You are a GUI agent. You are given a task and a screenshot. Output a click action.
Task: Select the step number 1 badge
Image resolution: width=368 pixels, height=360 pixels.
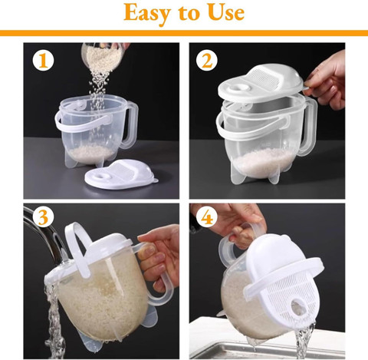pyautogui.click(x=43, y=61)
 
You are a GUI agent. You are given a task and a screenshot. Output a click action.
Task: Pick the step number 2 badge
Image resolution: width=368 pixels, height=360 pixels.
pyautogui.click(x=207, y=61)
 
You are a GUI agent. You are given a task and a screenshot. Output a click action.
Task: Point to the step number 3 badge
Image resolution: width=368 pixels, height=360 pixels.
pyautogui.click(x=43, y=217)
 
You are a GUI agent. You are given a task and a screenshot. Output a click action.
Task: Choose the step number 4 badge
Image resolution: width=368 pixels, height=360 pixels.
pyautogui.click(x=207, y=217)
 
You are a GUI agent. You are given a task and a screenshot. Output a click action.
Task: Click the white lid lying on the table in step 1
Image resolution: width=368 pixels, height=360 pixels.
pyautogui.click(x=121, y=174)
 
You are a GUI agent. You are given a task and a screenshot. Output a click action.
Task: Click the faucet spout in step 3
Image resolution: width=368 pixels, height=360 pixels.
pyautogui.click(x=44, y=236)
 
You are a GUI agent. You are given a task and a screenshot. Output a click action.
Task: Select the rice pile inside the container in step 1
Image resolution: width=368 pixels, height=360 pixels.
pyautogui.click(x=91, y=153)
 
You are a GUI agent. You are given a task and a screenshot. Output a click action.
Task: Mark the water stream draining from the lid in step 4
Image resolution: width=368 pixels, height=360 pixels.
pyautogui.click(x=304, y=340)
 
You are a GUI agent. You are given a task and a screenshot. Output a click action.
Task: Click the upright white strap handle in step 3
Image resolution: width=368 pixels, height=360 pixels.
pyautogui.click(x=77, y=247)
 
